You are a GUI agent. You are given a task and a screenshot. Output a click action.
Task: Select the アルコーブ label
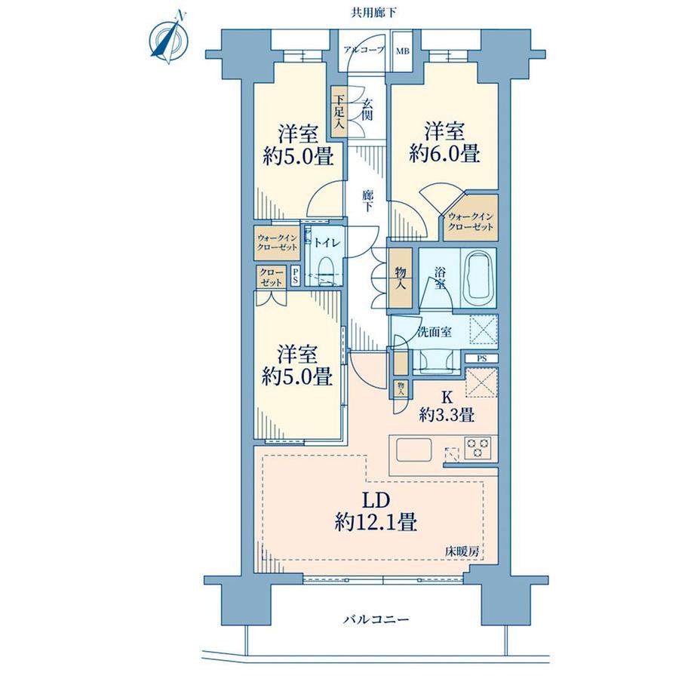364,51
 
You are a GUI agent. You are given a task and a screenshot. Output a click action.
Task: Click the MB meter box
402,51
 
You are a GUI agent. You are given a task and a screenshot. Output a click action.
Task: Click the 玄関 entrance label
367,109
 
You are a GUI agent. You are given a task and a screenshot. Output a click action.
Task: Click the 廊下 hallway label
367,201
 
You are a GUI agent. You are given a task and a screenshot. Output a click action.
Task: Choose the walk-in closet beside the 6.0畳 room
471,217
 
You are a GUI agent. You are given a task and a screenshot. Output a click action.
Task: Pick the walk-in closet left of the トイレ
277,243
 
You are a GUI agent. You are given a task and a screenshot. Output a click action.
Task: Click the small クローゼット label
272,277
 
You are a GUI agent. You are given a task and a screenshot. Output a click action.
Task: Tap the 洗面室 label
435,331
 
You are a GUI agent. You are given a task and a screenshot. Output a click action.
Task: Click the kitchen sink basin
414,450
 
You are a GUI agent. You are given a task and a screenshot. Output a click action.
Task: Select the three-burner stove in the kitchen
478,447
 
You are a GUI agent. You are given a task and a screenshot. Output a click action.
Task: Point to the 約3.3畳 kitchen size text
447,415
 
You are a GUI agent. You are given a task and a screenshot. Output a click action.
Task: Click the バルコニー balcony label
376,619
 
